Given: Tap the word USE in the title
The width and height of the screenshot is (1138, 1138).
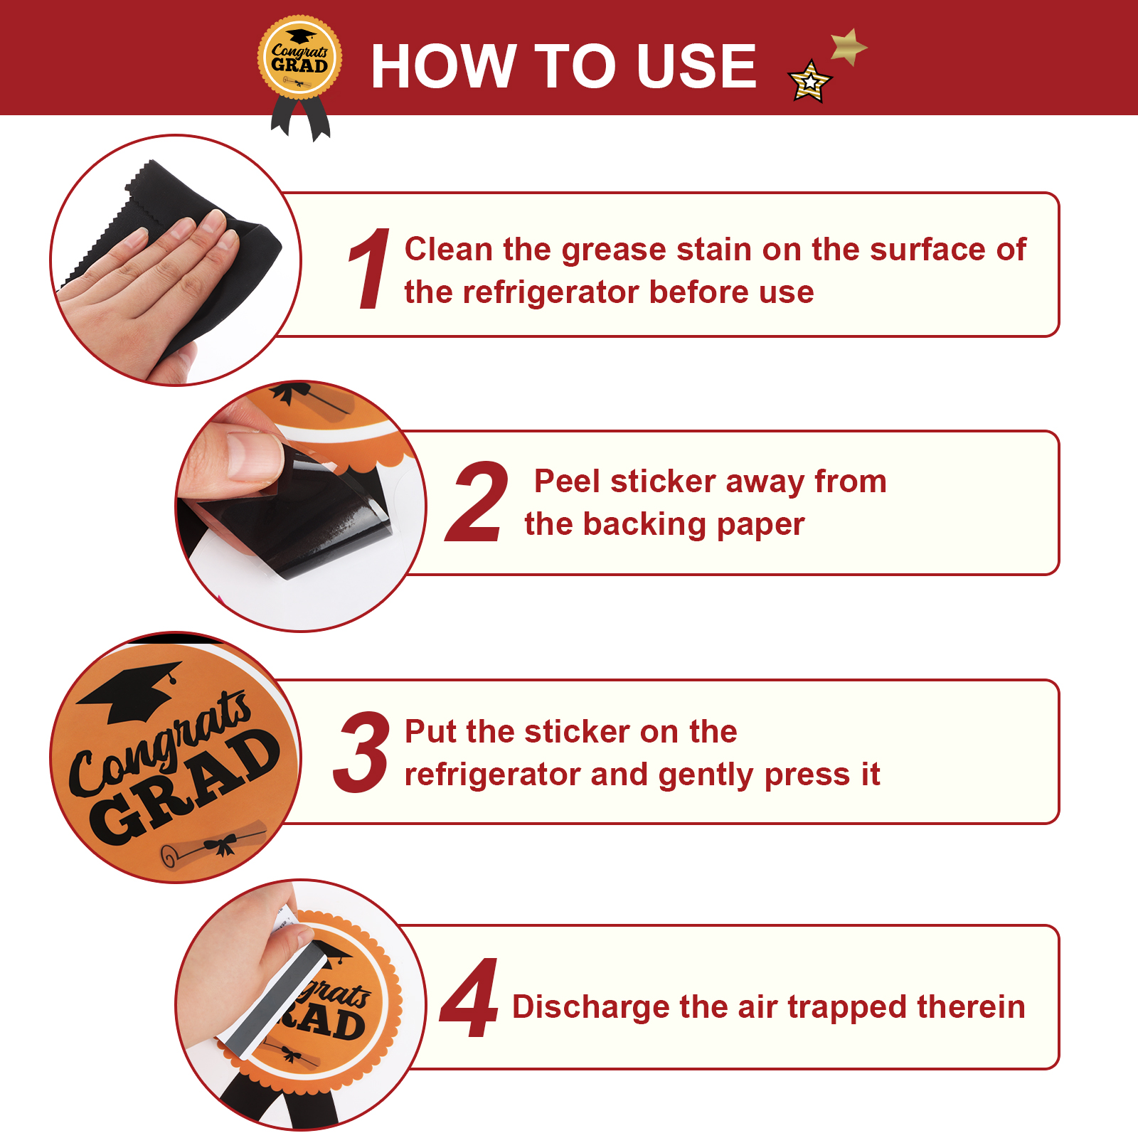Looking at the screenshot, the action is (x=696, y=66).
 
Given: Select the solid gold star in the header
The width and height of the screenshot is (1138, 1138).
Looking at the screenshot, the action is (x=849, y=47).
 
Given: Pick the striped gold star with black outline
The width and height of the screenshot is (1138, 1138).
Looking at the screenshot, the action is (x=810, y=82).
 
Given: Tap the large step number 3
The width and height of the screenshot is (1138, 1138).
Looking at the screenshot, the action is (x=361, y=752).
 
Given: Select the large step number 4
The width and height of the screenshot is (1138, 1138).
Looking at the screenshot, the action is (x=469, y=998).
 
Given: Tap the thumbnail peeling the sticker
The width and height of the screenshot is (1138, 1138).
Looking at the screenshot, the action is (x=300, y=506).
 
